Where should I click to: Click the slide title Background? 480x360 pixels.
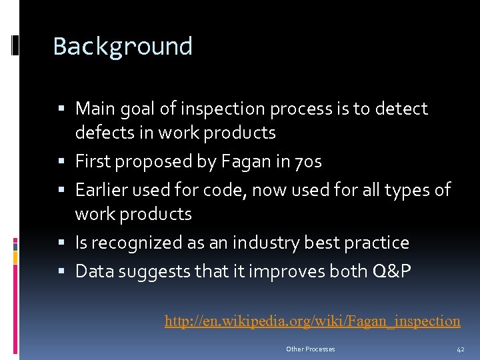(123, 47)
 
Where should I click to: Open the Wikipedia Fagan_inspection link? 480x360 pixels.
(312, 321)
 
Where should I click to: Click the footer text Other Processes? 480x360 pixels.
(310, 349)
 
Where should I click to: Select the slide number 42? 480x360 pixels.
(460, 349)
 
